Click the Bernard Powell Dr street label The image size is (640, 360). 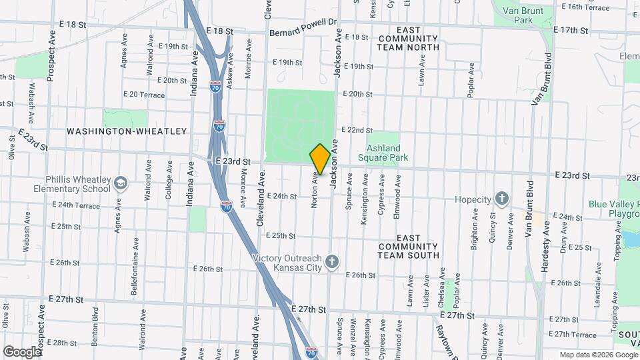tap(303, 32)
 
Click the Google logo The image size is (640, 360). tap(22, 351)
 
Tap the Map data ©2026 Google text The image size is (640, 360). tap(598, 355)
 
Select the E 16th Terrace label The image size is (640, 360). tap(586, 7)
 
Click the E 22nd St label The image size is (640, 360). tap(357, 130)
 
